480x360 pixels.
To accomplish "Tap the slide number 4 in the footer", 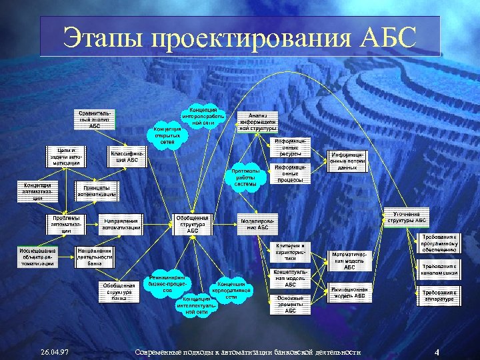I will click(x=436, y=351).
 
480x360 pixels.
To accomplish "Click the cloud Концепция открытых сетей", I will click(x=167, y=135).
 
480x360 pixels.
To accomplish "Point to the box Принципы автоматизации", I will click(x=96, y=190).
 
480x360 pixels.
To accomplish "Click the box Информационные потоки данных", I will click(x=348, y=160).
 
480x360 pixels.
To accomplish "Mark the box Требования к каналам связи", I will click(x=439, y=271).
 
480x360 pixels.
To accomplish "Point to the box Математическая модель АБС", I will click(x=348, y=258).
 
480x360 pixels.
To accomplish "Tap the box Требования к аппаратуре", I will click(x=439, y=295).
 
